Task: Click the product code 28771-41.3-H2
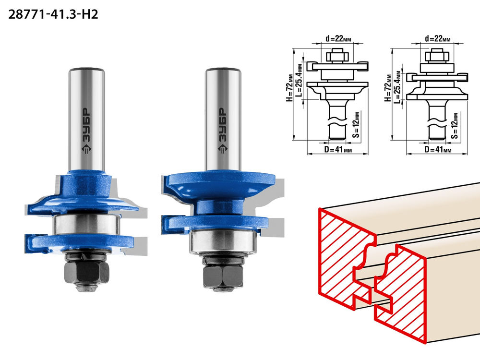coord(53,14)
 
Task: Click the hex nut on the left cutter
coord(86,273)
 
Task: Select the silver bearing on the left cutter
coord(86,224)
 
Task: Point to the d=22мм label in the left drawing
coord(338,38)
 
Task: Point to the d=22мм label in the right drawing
coord(437,38)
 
